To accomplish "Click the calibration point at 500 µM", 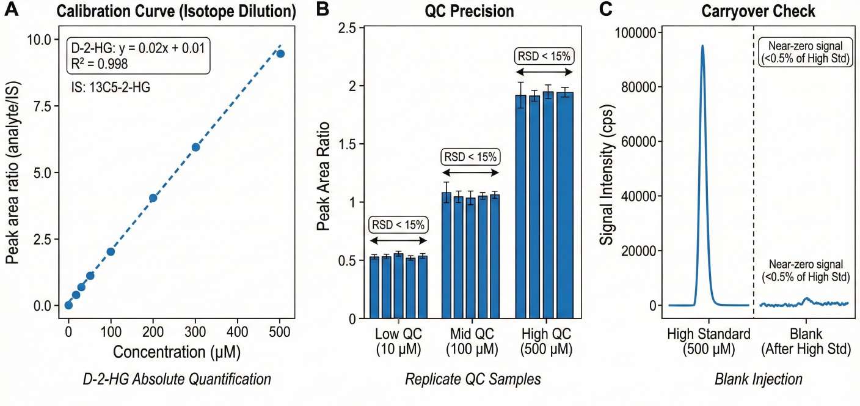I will [x=280, y=54].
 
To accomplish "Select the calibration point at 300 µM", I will [x=195, y=147].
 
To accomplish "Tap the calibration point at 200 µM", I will [x=153, y=198].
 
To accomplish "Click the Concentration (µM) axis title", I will [x=177, y=353].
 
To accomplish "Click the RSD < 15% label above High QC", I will [x=544, y=57].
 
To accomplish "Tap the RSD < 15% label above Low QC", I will [x=398, y=224].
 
